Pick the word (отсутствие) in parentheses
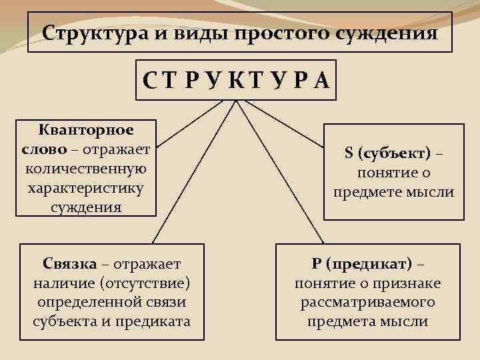pyautogui.click(x=145, y=283)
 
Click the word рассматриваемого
pyautogui.click(x=367, y=302)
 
